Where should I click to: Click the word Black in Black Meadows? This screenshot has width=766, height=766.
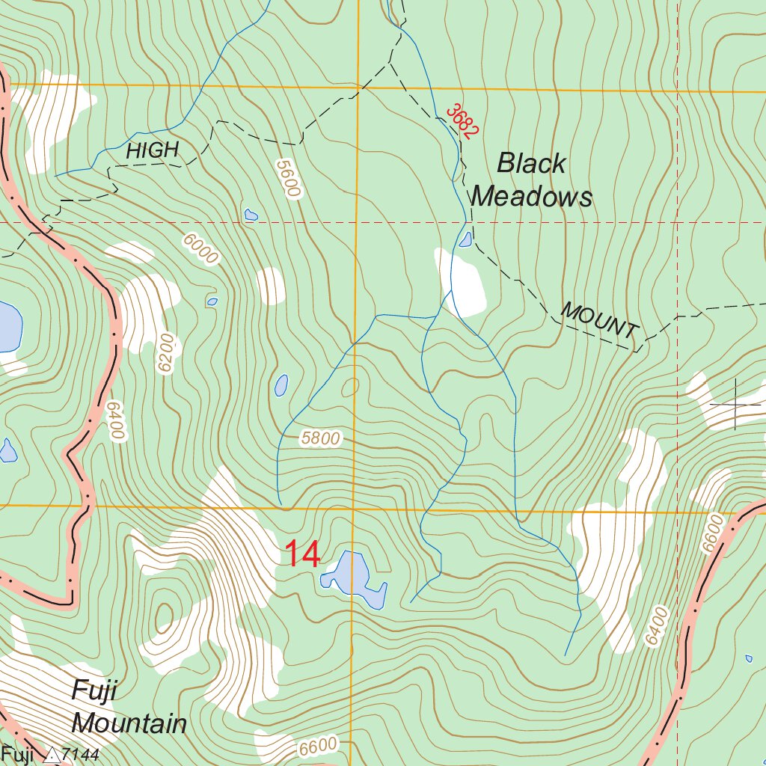tap(532, 163)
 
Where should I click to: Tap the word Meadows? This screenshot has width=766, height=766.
tap(532, 197)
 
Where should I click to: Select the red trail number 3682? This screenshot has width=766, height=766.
tap(462, 121)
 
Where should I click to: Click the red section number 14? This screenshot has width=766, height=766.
tap(302, 554)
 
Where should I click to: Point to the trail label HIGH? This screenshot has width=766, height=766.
tap(153, 150)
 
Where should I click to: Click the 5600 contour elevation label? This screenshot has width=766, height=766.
tap(287, 178)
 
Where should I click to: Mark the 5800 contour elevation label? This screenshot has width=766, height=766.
tap(320, 438)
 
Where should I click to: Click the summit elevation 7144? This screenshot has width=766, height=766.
tap(80, 756)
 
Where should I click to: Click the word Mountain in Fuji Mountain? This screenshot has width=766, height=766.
tap(129, 723)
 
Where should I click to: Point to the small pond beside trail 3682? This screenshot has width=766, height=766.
tap(466, 239)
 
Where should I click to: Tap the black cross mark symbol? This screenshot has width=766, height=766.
tap(736, 404)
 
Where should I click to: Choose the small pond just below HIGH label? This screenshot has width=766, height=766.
tap(251, 215)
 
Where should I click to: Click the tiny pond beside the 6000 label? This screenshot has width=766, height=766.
tap(212, 302)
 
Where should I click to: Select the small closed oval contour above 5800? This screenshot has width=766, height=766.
tap(349, 387)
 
